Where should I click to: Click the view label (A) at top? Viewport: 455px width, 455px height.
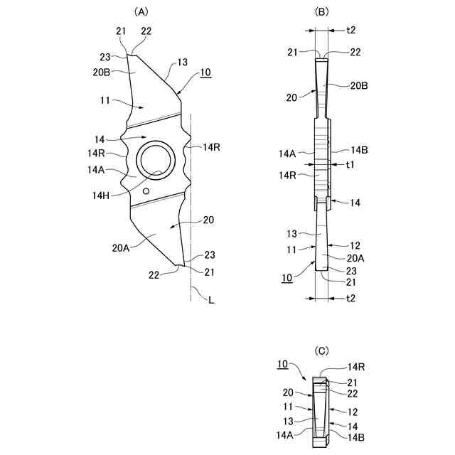click(x=141, y=11)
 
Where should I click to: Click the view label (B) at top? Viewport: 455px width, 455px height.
click(x=321, y=11)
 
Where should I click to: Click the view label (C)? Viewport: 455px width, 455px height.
click(x=321, y=351)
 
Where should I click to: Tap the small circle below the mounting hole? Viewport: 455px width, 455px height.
click(x=146, y=191)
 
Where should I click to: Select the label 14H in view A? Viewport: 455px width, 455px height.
click(x=101, y=196)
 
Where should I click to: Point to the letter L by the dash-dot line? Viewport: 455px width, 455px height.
click(x=212, y=300)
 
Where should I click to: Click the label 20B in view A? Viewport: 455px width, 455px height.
click(x=102, y=72)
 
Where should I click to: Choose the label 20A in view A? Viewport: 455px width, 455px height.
click(x=121, y=248)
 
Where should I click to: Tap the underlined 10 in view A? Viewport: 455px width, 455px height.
click(x=205, y=73)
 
